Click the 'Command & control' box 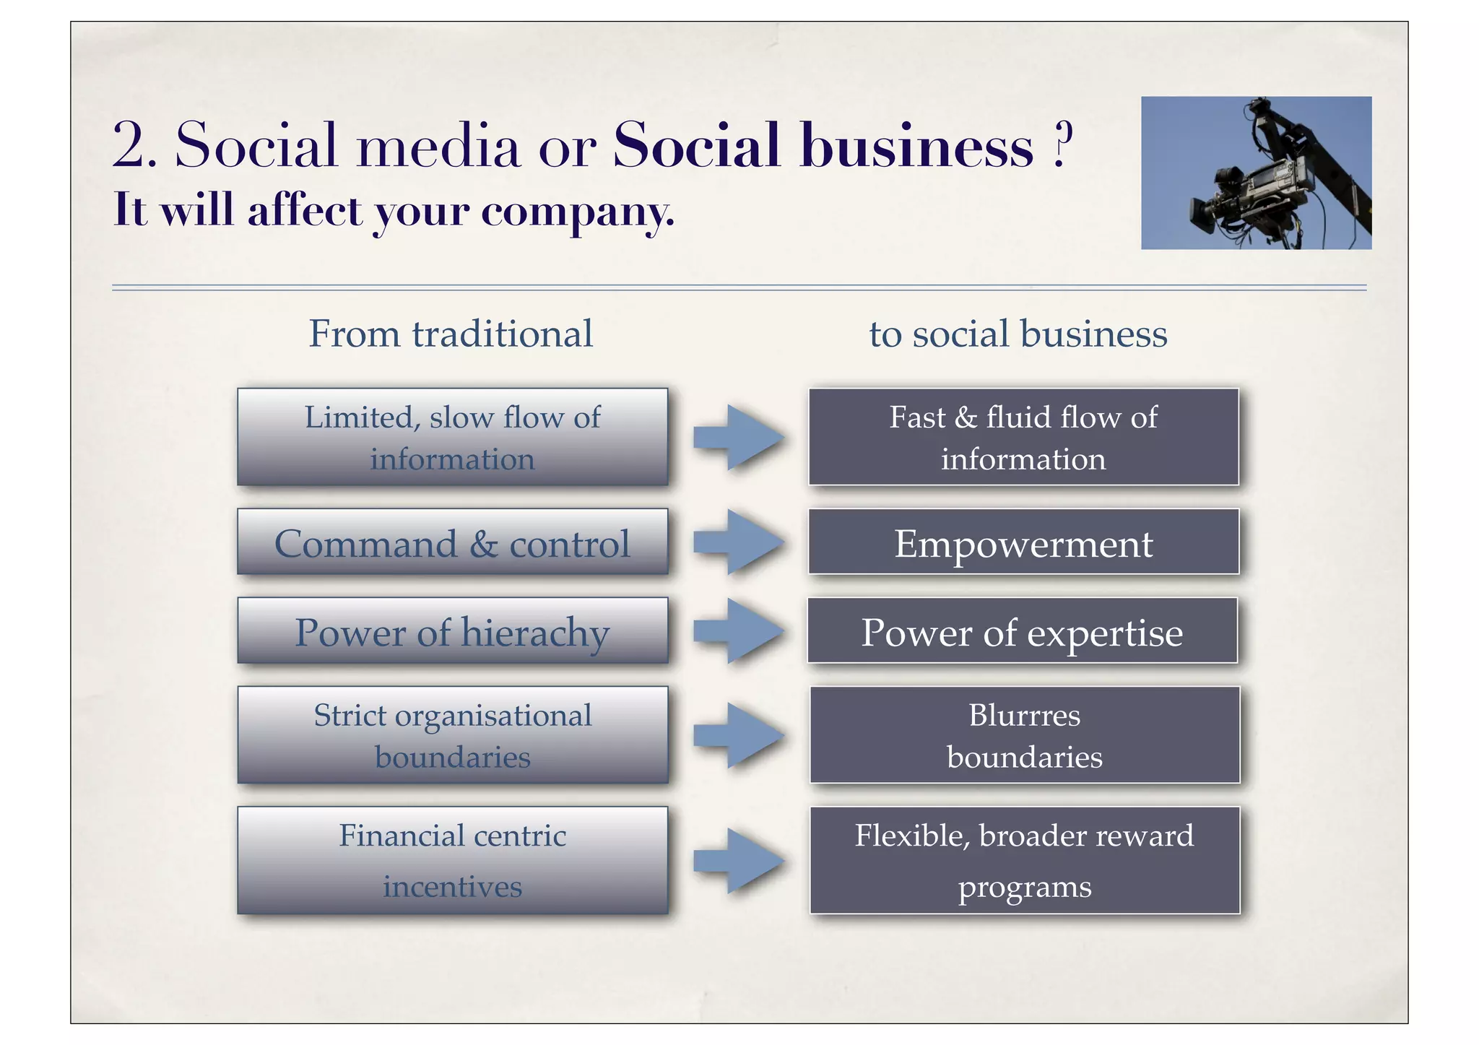pyautogui.click(x=452, y=542)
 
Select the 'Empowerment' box pyautogui.click(x=1023, y=542)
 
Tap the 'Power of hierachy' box pyautogui.click(x=452, y=631)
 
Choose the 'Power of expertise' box pyautogui.click(x=1022, y=631)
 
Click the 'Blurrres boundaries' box pyautogui.click(x=1024, y=735)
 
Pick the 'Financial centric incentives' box pyautogui.click(x=452, y=861)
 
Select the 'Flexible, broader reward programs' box pyautogui.click(x=1024, y=861)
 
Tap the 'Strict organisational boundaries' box pyautogui.click(x=452, y=735)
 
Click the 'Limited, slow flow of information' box pyautogui.click(x=452, y=437)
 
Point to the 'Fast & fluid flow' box pyautogui.click(x=1023, y=437)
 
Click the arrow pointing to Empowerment pyautogui.click(x=739, y=542)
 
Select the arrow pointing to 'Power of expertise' pyautogui.click(x=739, y=631)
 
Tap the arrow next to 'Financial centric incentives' pyautogui.click(x=739, y=861)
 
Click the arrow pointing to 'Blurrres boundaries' pyautogui.click(x=739, y=735)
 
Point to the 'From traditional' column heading pyautogui.click(x=451, y=334)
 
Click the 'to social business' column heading pyautogui.click(x=1018, y=334)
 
